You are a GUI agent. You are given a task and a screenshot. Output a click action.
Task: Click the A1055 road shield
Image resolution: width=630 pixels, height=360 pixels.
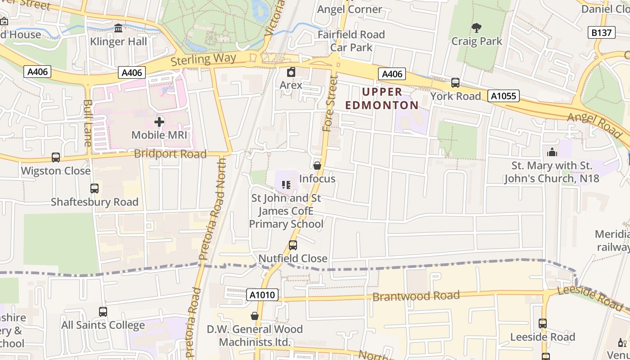[504, 96]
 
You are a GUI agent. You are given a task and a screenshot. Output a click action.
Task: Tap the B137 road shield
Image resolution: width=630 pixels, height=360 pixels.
[601, 33]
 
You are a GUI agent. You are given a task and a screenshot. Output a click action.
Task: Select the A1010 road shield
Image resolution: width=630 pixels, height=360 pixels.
[262, 295]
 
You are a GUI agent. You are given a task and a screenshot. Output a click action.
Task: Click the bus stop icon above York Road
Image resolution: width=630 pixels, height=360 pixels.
[455, 83]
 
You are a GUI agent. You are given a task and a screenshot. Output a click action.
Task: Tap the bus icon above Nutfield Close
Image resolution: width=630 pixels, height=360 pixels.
[293, 245]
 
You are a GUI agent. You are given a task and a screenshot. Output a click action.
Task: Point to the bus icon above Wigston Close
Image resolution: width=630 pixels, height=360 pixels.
[56, 157]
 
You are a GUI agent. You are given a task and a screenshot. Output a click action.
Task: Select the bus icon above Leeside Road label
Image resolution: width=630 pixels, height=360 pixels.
[543, 324]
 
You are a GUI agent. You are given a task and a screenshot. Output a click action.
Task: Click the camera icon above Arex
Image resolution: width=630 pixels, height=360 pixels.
[291, 72]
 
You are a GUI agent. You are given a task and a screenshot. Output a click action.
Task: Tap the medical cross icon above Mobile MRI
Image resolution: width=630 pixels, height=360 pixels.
[159, 122]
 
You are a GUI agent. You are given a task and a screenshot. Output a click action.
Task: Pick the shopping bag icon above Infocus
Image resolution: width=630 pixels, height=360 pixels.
[317, 166]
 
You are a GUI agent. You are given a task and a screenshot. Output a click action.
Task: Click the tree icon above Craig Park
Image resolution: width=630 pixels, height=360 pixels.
[477, 28]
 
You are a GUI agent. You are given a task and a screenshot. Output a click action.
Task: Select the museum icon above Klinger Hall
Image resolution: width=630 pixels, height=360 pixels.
[118, 28]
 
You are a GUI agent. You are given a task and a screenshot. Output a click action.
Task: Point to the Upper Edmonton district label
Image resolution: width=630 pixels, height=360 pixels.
[382, 99]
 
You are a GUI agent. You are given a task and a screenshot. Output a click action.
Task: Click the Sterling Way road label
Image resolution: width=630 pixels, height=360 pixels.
[203, 59]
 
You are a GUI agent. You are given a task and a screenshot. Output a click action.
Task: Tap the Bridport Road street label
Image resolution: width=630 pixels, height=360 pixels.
[170, 154]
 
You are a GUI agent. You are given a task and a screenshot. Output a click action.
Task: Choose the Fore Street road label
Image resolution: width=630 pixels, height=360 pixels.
[330, 103]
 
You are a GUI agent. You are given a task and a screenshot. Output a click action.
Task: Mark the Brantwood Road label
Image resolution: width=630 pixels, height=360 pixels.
[416, 296]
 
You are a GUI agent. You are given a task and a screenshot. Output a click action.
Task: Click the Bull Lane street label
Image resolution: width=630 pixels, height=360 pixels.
[87, 122]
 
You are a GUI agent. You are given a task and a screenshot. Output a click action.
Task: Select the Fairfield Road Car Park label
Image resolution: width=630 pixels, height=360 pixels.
[351, 41]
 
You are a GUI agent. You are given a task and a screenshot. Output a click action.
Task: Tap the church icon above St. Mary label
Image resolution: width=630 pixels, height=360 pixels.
[552, 152]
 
